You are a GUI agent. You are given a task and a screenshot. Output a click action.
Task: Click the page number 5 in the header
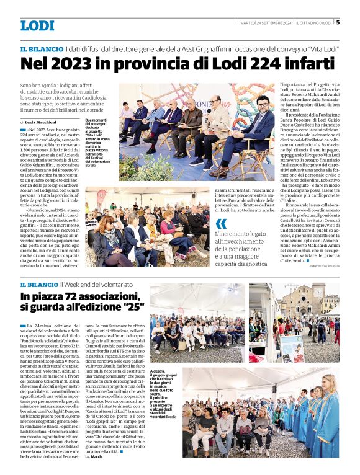coord(338,23)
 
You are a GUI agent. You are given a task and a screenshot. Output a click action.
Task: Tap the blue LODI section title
coord(37,25)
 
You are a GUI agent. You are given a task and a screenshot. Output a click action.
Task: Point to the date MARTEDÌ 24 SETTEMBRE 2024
coord(264,23)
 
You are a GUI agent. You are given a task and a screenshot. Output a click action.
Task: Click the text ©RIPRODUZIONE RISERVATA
coord(323,267)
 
